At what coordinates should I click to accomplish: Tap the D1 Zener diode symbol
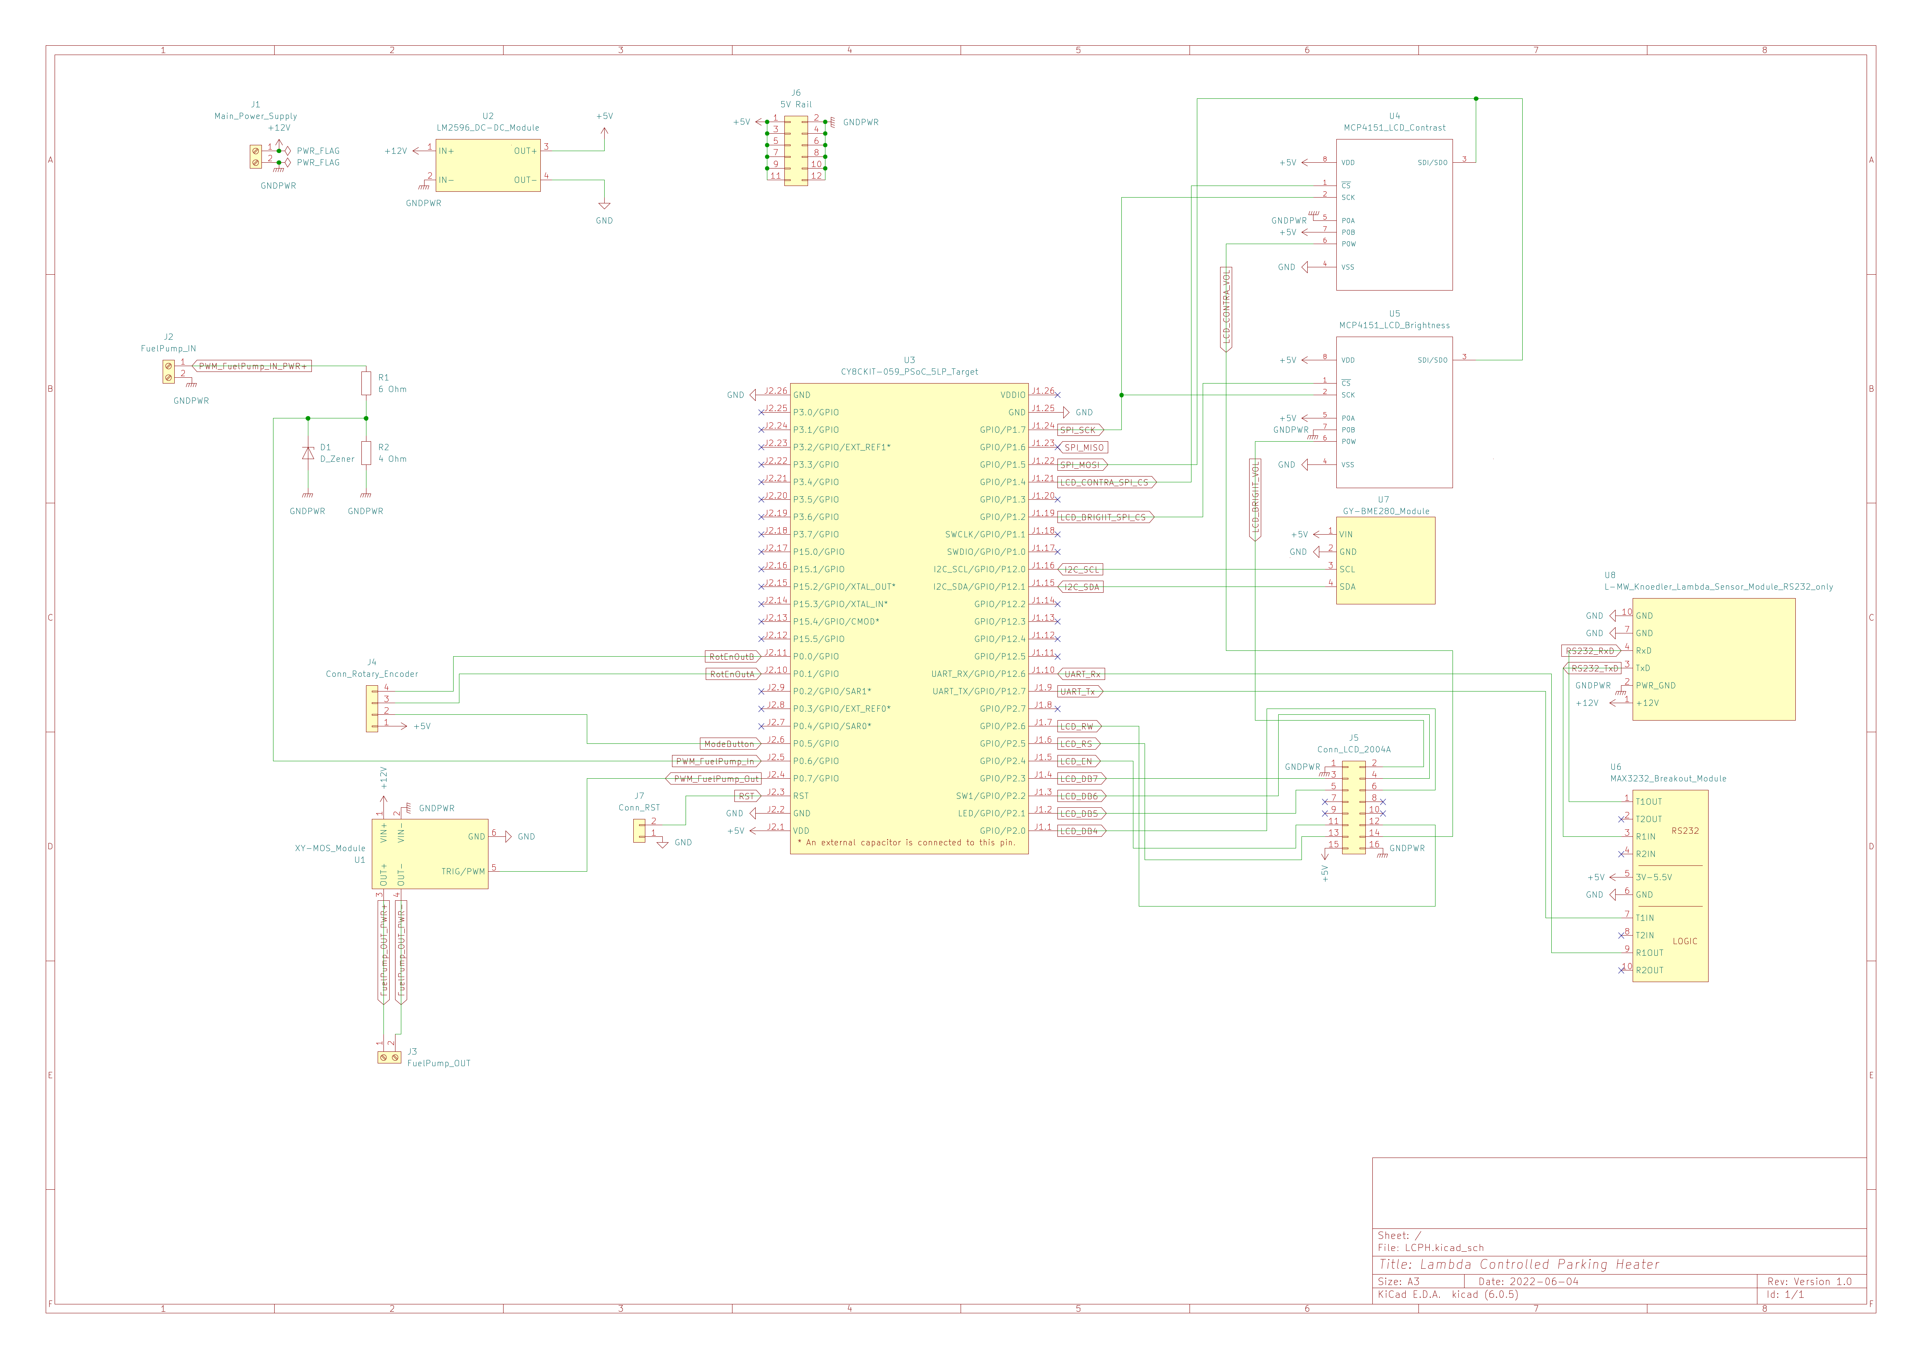(x=308, y=453)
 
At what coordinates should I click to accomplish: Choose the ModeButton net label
(x=729, y=743)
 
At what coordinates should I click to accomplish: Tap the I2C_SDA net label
(x=1081, y=587)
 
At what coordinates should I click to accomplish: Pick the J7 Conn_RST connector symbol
(x=640, y=830)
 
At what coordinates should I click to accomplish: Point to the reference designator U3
(x=909, y=360)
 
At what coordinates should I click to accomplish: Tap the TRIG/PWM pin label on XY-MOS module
(x=463, y=872)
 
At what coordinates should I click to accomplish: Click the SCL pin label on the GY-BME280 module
(x=1347, y=569)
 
